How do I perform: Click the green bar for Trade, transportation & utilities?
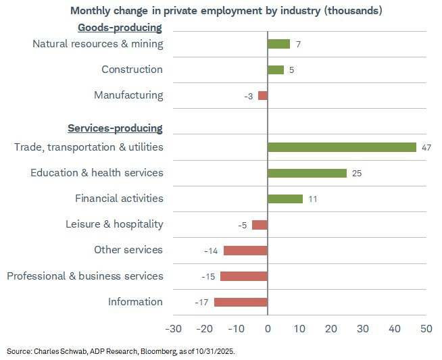tap(342, 147)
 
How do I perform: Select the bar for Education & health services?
tap(307, 173)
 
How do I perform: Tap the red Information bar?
tap(241, 302)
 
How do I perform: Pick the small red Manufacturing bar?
tap(263, 95)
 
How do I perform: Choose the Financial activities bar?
tap(285, 199)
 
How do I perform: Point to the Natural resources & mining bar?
tap(278, 44)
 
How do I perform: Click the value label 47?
tap(426, 147)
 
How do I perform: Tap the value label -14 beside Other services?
tap(210, 251)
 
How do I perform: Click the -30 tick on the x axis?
tap(173, 328)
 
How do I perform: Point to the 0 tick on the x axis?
tap(268, 328)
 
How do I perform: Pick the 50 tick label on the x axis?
tap(426, 328)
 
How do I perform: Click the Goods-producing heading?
tap(120, 28)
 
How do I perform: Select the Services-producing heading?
tap(115, 128)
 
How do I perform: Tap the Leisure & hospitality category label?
tap(114, 224)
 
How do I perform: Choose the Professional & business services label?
tap(84, 276)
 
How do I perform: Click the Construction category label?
tap(132, 70)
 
